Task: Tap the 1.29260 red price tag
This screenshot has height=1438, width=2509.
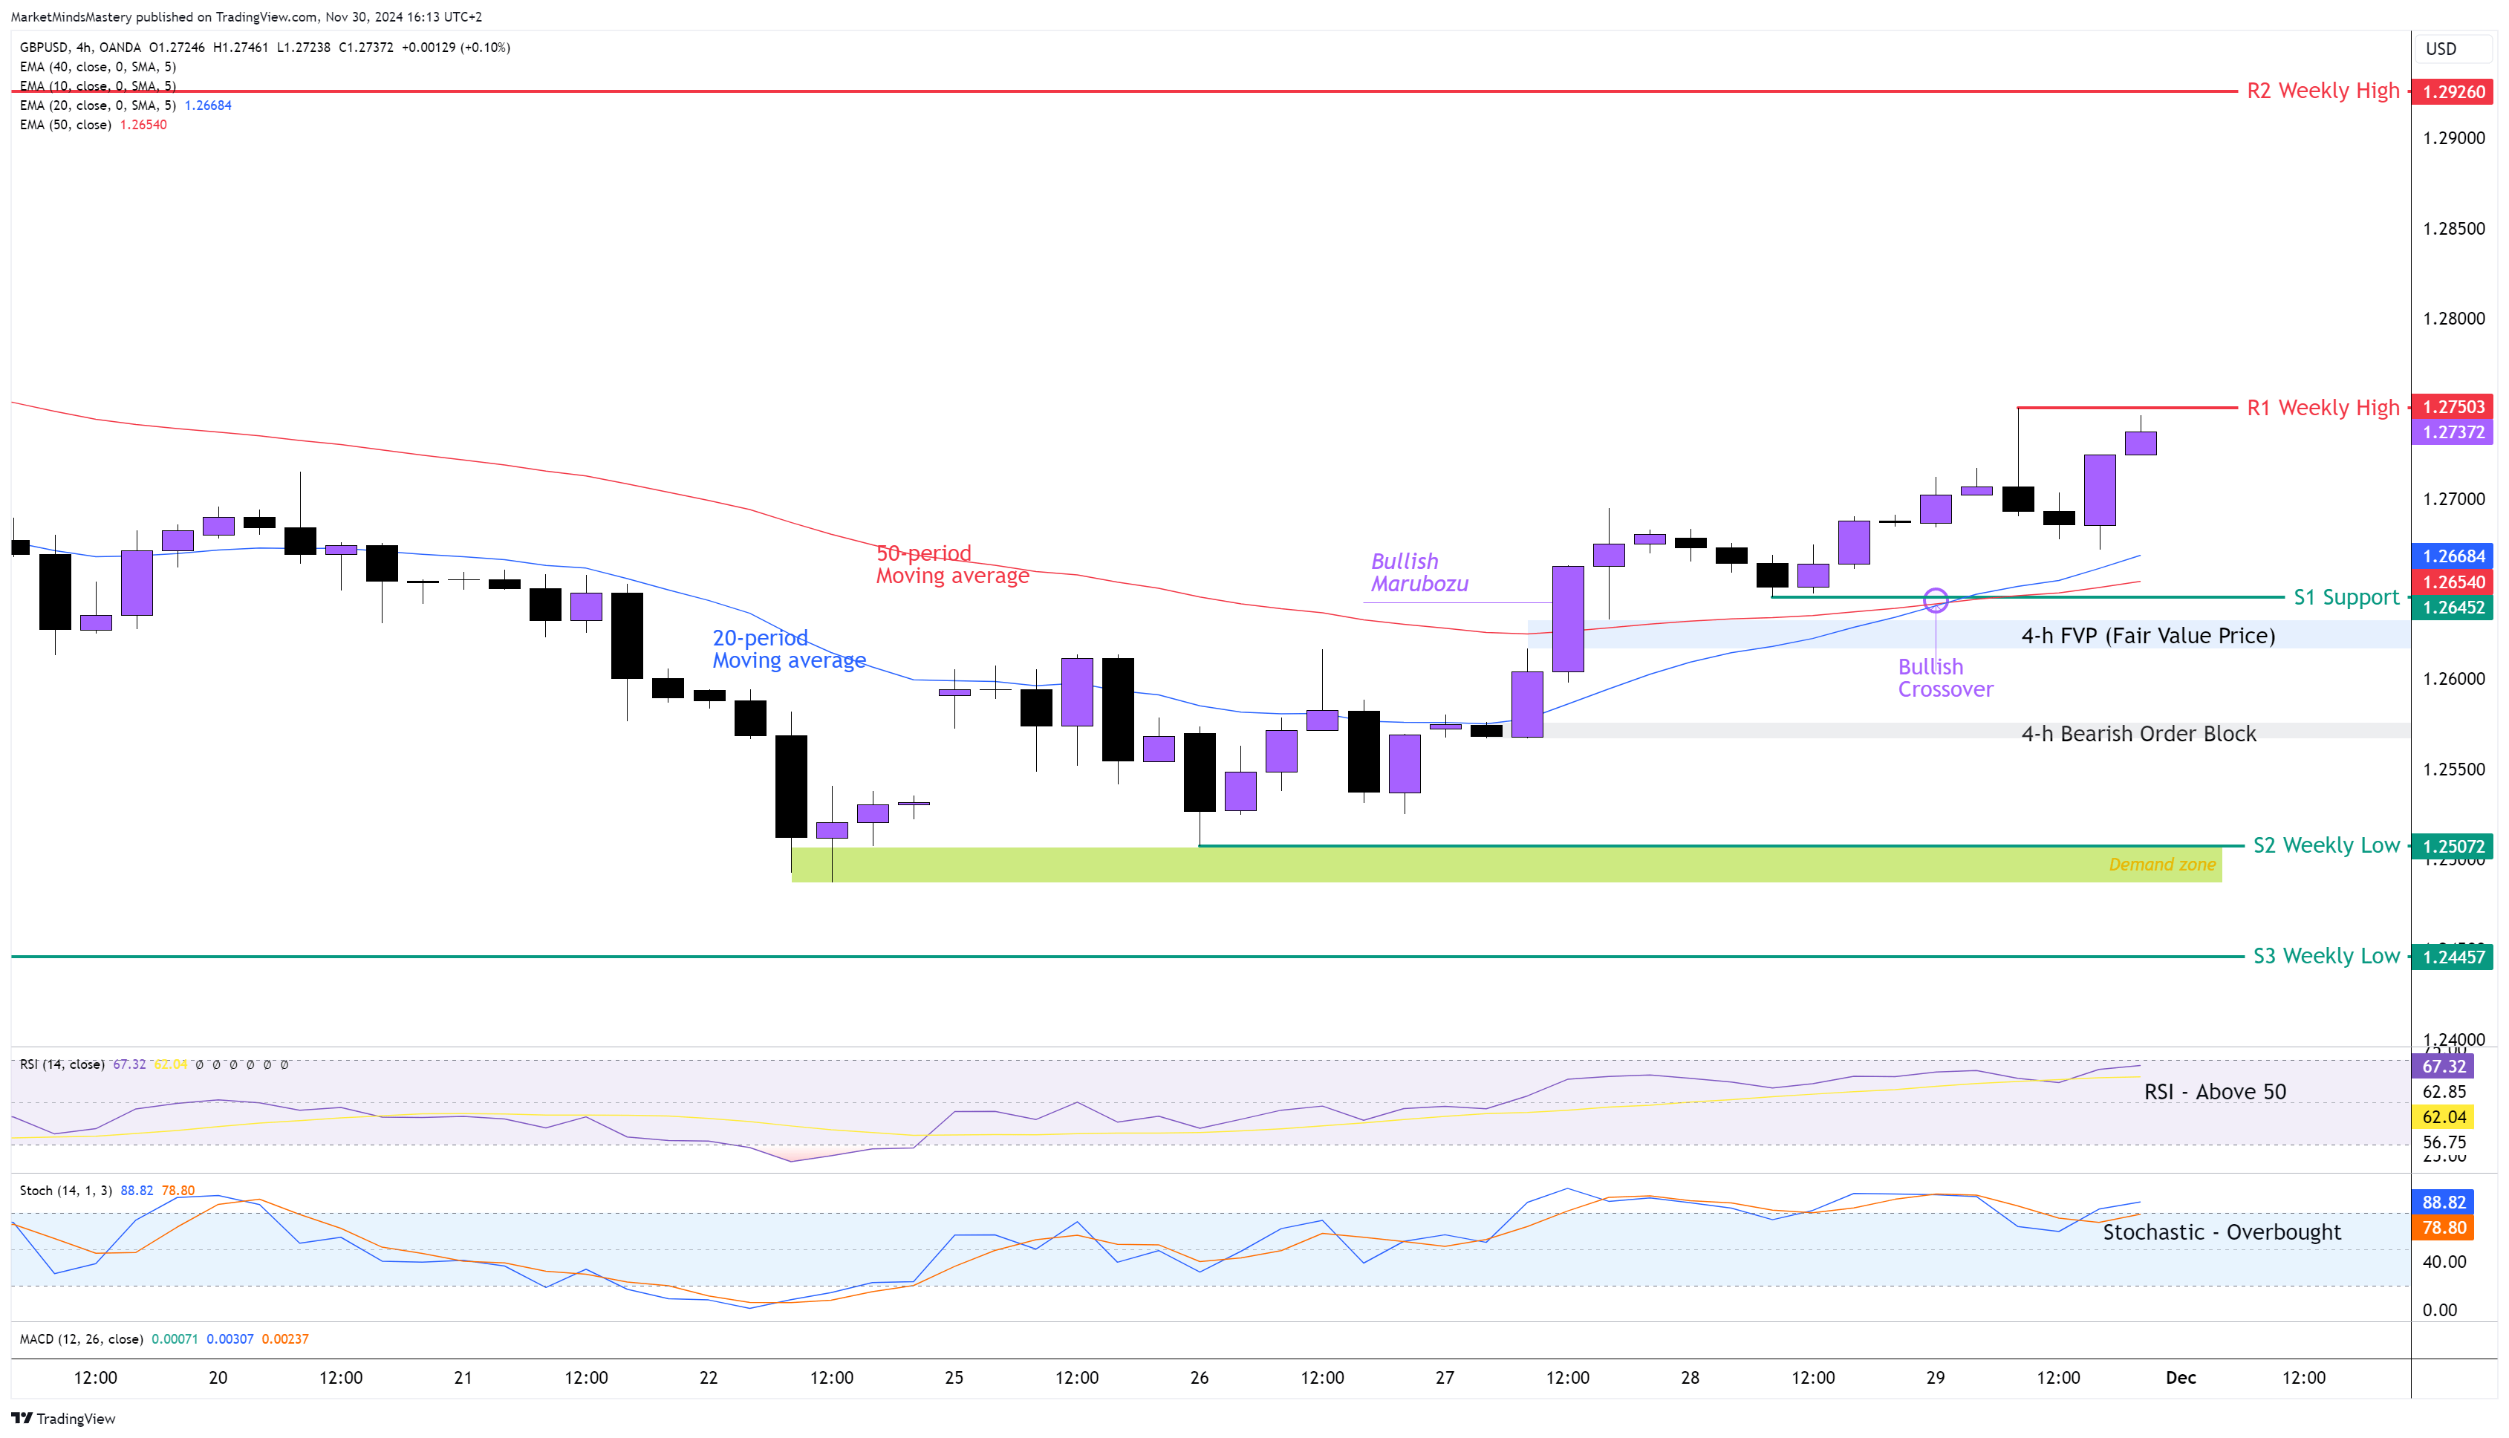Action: [2453, 92]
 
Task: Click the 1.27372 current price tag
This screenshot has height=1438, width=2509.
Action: [2453, 432]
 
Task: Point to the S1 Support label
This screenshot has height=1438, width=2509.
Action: [2345, 597]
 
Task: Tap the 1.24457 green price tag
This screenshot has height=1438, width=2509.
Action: [2453, 957]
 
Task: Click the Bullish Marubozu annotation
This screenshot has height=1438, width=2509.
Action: [1419, 573]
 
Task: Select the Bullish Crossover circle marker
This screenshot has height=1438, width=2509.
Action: [1936, 599]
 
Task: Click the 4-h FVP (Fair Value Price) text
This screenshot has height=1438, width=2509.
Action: [2147, 636]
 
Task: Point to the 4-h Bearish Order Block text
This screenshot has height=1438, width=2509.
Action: [2138, 734]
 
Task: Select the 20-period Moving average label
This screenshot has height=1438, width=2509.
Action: [788, 650]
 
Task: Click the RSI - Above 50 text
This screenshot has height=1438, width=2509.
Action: [2214, 1091]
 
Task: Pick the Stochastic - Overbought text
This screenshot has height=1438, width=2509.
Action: [2221, 1232]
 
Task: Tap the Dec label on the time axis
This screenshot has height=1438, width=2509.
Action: [2180, 1378]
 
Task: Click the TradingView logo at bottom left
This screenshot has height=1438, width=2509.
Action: [63, 1418]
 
